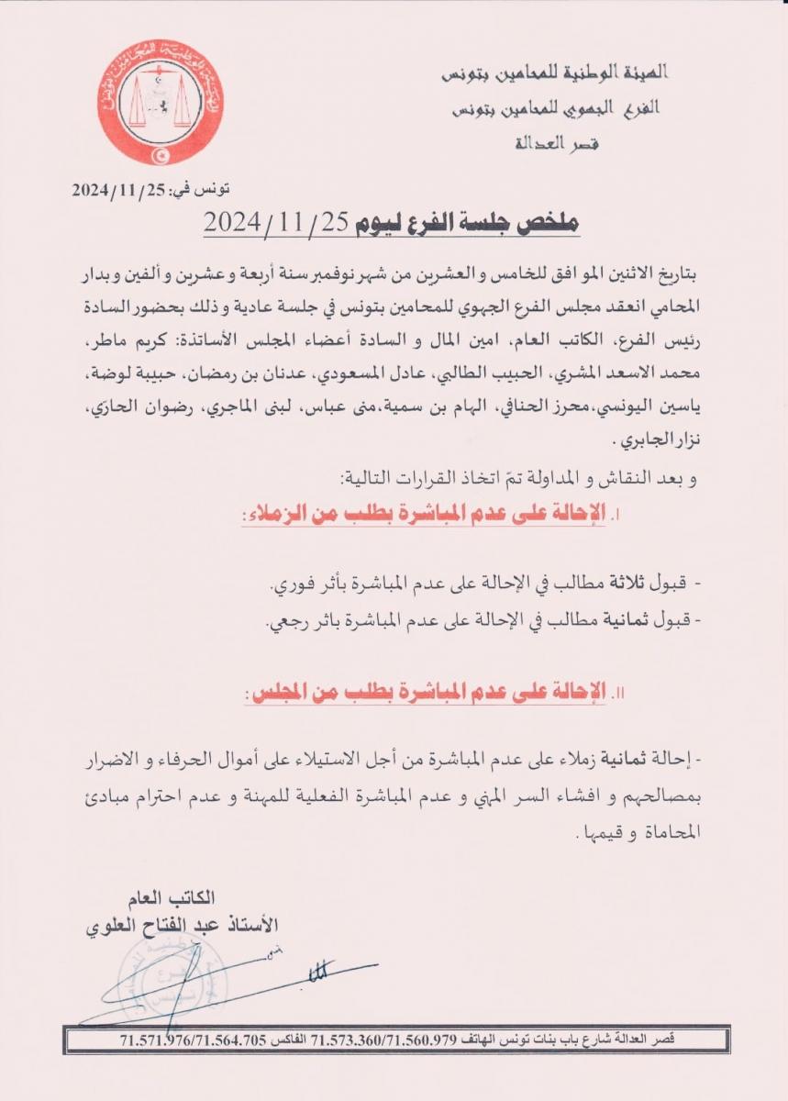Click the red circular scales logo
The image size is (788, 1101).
[x=160, y=101]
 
